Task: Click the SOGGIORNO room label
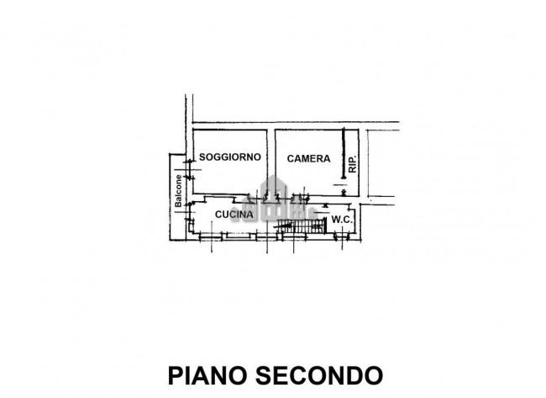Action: (x=230, y=157)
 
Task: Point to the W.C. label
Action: (x=342, y=220)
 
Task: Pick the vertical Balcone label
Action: (x=178, y=190)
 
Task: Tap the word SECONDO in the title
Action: (x=322, y=373)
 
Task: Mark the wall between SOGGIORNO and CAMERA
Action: (x=273, y=160)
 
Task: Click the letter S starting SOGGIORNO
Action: (x=202, y=157)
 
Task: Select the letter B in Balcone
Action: (x=178, y=204)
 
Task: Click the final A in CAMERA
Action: (x=315, y=158)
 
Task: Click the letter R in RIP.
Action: (x=353, y=169)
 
